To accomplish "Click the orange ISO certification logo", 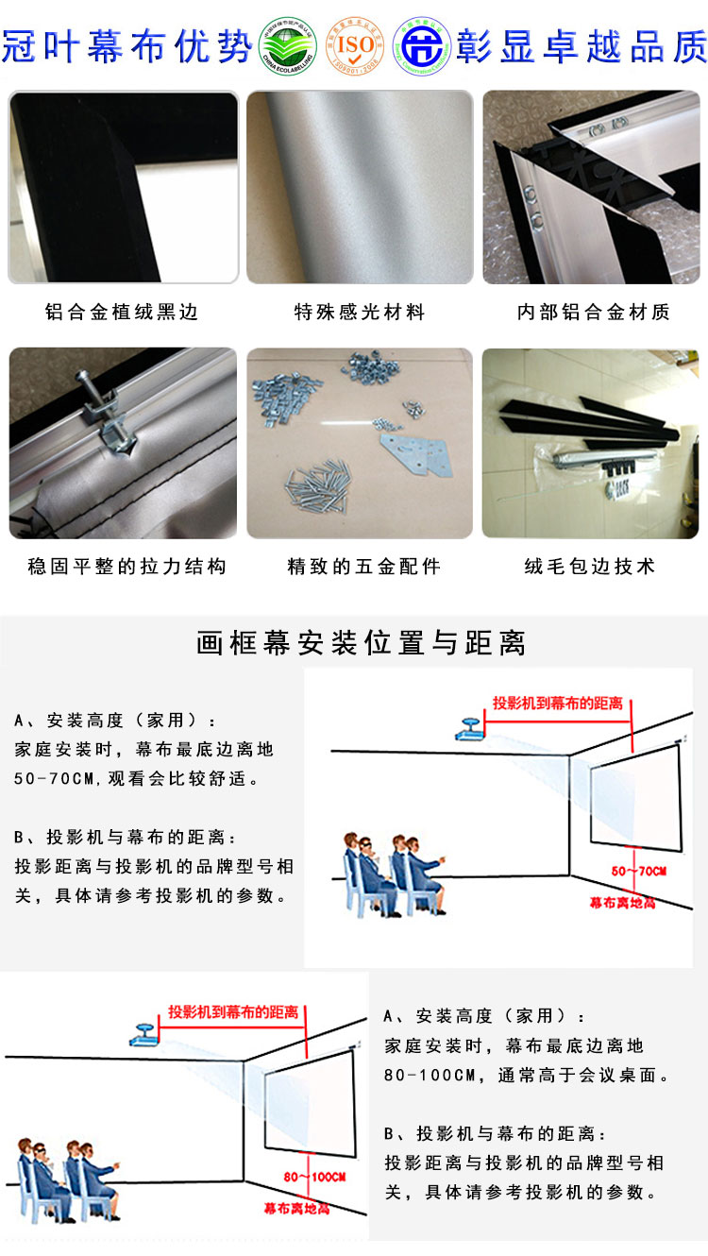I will [x=356, y=45].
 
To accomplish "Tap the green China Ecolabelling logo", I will [x=290, y=45].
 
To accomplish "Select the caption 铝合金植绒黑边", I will [x=123, y=312].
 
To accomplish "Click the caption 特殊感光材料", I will [x=360, y=312].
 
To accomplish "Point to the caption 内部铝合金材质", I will [x=594, y=312].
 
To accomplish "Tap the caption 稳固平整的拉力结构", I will [x=127, y=567].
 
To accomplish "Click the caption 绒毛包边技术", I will [x=590, y=567].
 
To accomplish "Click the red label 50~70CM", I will [x=639, y=870].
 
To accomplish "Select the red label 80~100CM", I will [x=314, y=1177].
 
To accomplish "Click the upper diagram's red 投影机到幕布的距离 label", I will [x=557, y=704].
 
